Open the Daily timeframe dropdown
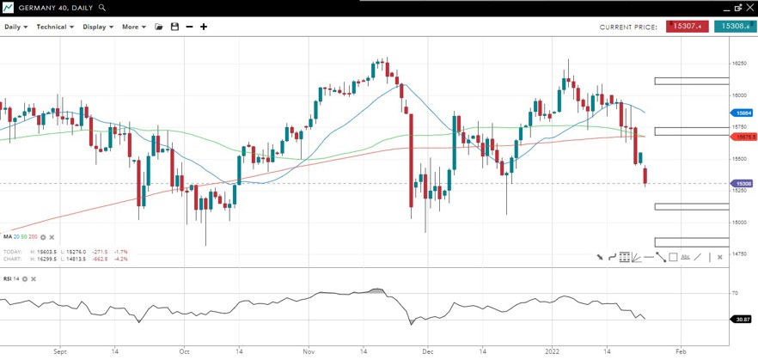15,27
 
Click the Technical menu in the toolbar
54,27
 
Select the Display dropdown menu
97,27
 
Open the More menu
133,27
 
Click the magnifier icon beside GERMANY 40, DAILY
102,7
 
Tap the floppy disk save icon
174,27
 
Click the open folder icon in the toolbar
158,27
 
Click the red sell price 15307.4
686,27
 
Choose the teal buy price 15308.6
735,27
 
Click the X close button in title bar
750,7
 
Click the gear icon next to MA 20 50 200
43,236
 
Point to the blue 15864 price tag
742,113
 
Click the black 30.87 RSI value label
742,320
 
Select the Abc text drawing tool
685,257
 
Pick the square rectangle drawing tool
673,257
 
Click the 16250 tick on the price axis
738,64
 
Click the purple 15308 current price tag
742,183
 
